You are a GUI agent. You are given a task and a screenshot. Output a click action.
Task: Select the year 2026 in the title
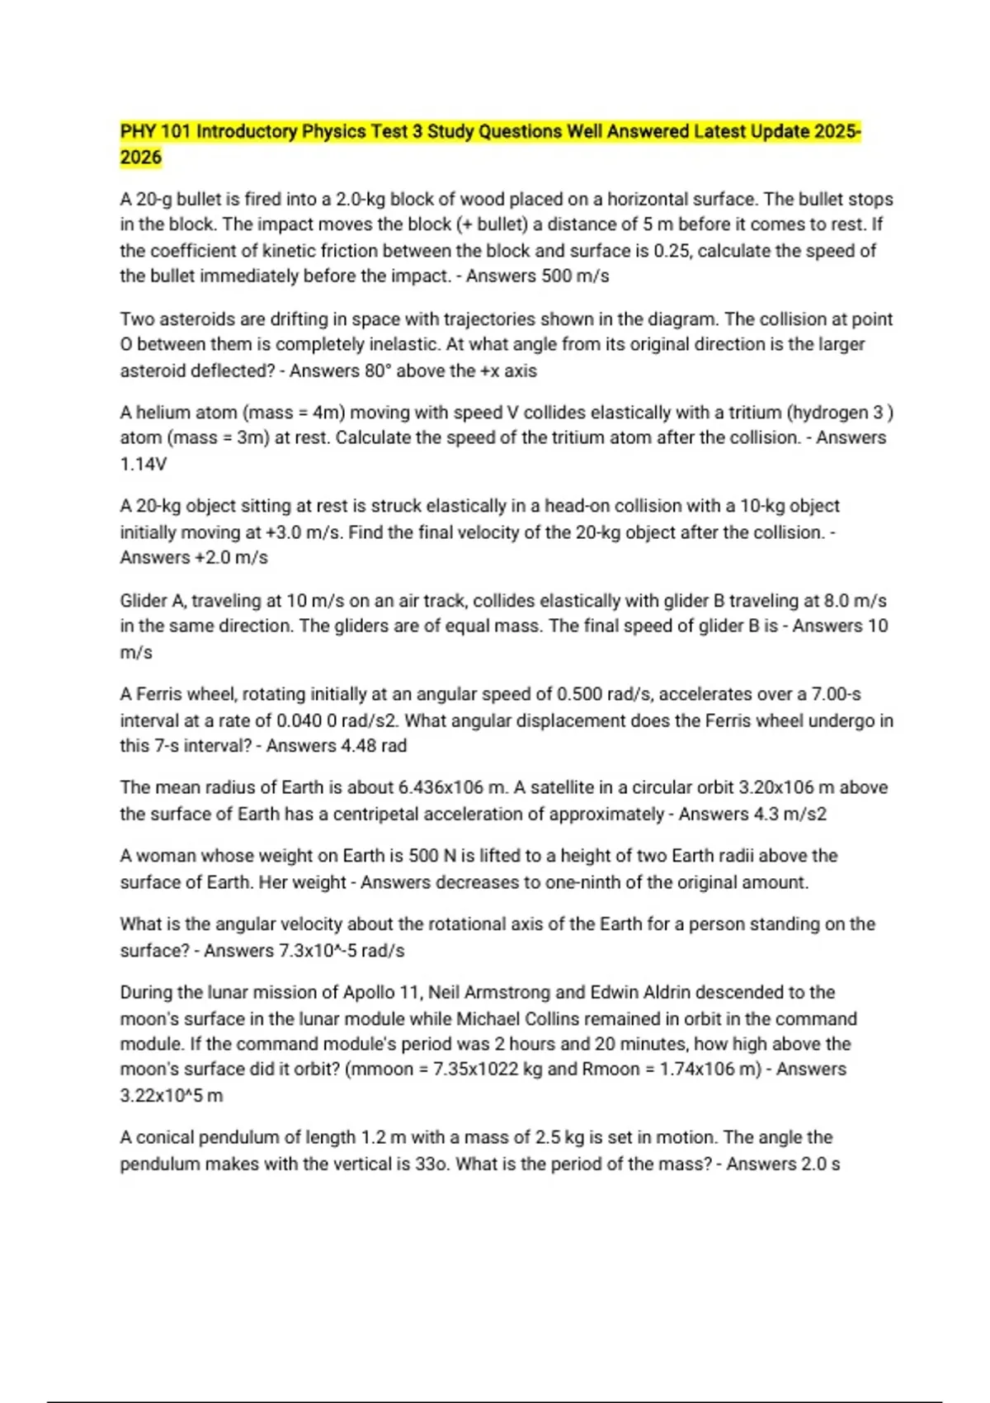pos(141,158)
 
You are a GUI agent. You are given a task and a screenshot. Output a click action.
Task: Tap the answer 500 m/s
pos(575,276)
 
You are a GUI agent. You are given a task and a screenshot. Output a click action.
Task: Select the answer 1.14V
pos(144,465)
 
